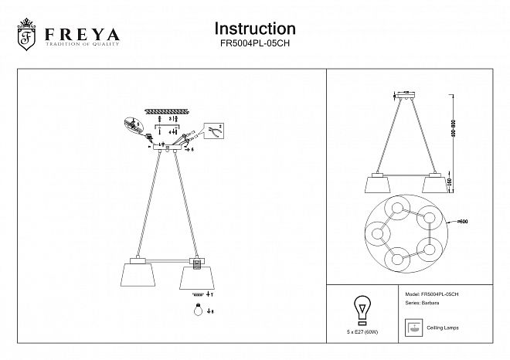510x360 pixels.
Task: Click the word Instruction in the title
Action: tap(254, 29)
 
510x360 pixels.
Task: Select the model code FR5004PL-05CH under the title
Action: tap(254, 46)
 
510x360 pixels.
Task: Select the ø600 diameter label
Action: tap(463, 222)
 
